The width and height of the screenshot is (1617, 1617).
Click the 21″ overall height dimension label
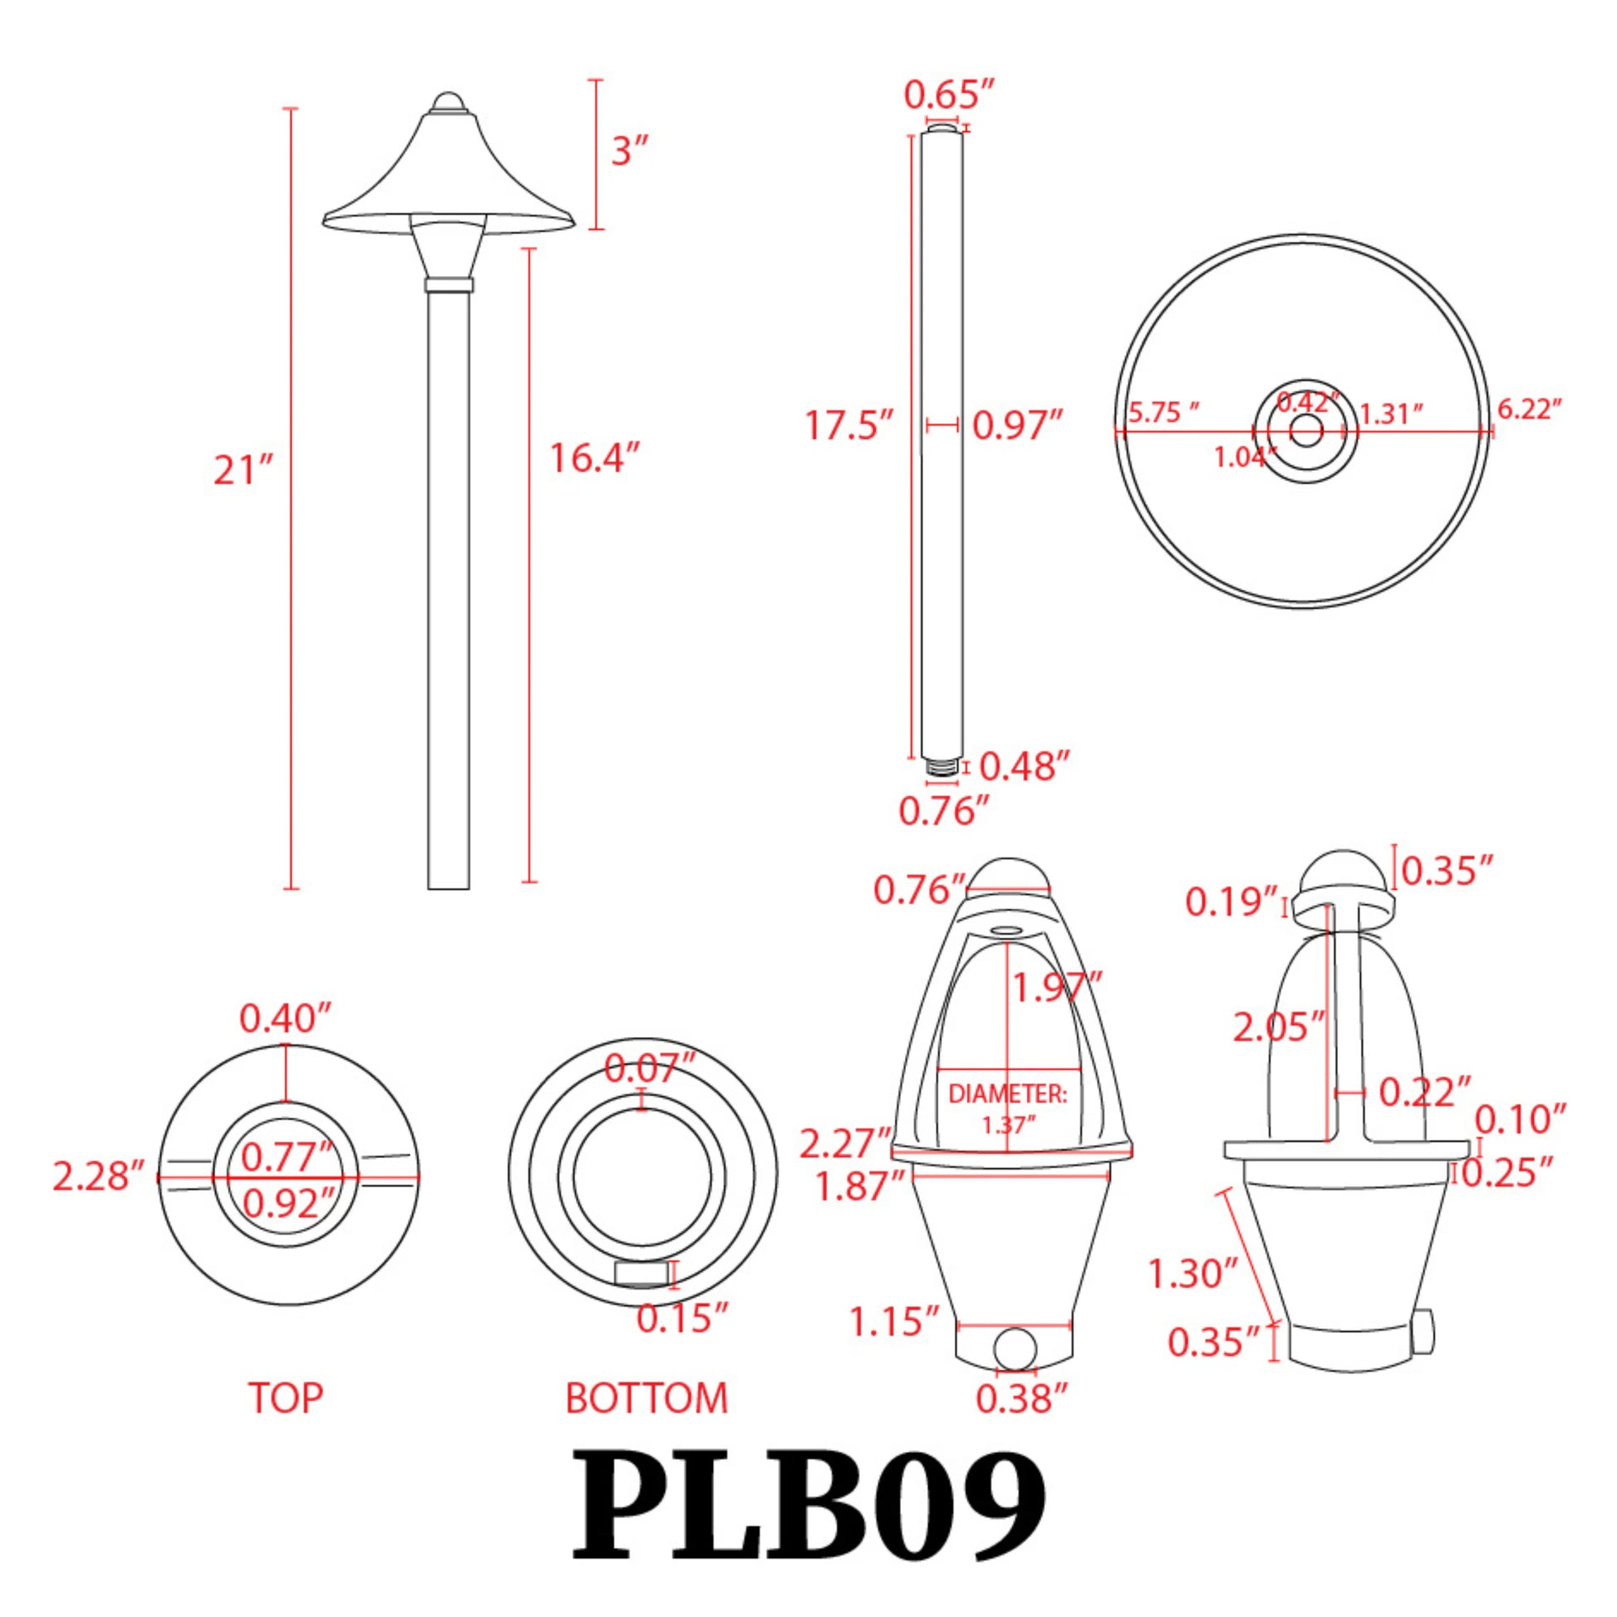click(243, 470)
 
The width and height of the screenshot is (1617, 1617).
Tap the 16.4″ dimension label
click(594, 458)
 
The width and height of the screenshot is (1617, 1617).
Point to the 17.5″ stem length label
click(848, 425)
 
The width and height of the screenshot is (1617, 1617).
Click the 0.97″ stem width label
click(1017, 426)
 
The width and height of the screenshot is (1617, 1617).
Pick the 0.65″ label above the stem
click(949, 95)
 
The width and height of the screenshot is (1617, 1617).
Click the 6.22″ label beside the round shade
click(1529, 410)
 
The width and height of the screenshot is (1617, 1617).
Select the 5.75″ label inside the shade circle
click(1163, 412)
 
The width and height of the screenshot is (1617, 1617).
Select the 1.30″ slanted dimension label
click(1191, 1274)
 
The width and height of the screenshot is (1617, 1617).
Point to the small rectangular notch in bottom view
click(642, 1274)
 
